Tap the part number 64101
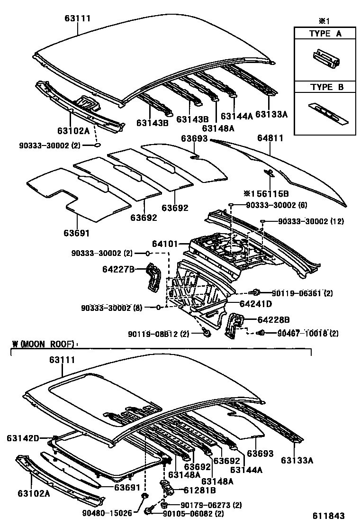click(x=164, y=244)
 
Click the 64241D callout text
click(x=255, y=304)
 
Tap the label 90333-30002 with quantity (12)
click(x=304, y=221)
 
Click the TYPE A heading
click(x=325, y=34)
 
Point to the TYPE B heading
click(x=325, y=87)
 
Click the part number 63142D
click(x=23, y=438)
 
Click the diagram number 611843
click(x=327, y=516)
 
